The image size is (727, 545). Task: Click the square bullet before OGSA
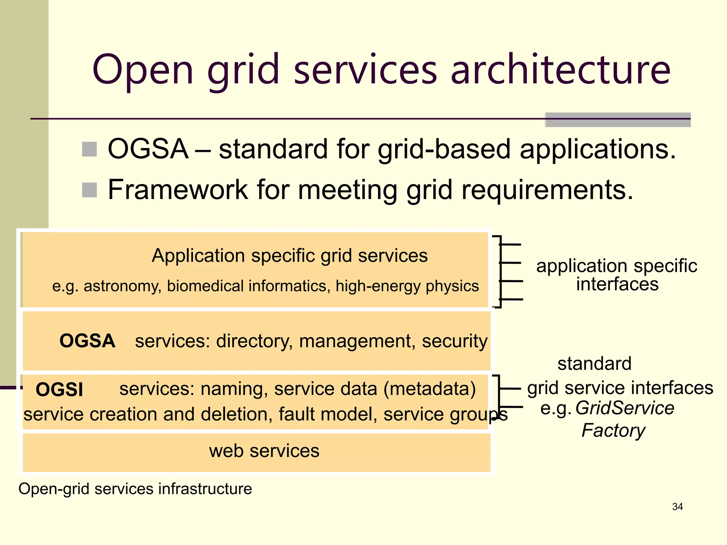tap(89, 149)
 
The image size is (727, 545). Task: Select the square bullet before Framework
tap(89, 190)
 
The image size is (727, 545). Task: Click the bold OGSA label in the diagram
tap(87, 341)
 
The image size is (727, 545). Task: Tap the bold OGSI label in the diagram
tap(59, 390)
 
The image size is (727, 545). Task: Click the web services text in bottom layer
tap(264, 451)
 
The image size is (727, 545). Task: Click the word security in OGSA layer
tap(454, 341)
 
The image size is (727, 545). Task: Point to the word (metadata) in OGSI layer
tap(430, 389)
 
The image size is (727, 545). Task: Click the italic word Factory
tap(613, 431)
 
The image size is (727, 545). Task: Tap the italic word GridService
tap(625, 408)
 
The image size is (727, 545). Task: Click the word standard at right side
tap(595, 364)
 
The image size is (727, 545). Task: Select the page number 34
tap(677, 507)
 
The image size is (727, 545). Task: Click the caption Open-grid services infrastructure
tap(135, 489)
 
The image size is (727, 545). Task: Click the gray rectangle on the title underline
tap(618, 120)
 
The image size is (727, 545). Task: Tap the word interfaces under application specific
tap(617, 285)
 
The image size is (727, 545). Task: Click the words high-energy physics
tap(407, 286)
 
